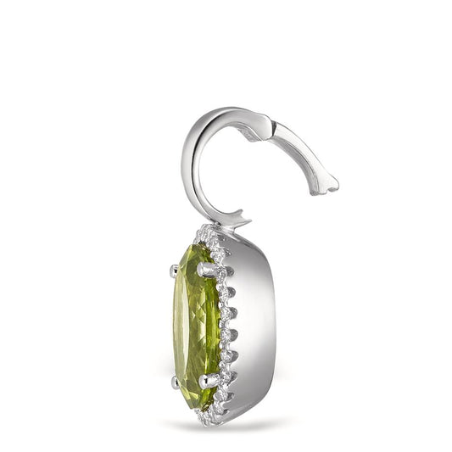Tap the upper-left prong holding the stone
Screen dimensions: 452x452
point(174,271)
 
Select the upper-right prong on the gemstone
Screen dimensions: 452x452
point(206,269)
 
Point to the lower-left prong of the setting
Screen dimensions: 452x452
point(176,382)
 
